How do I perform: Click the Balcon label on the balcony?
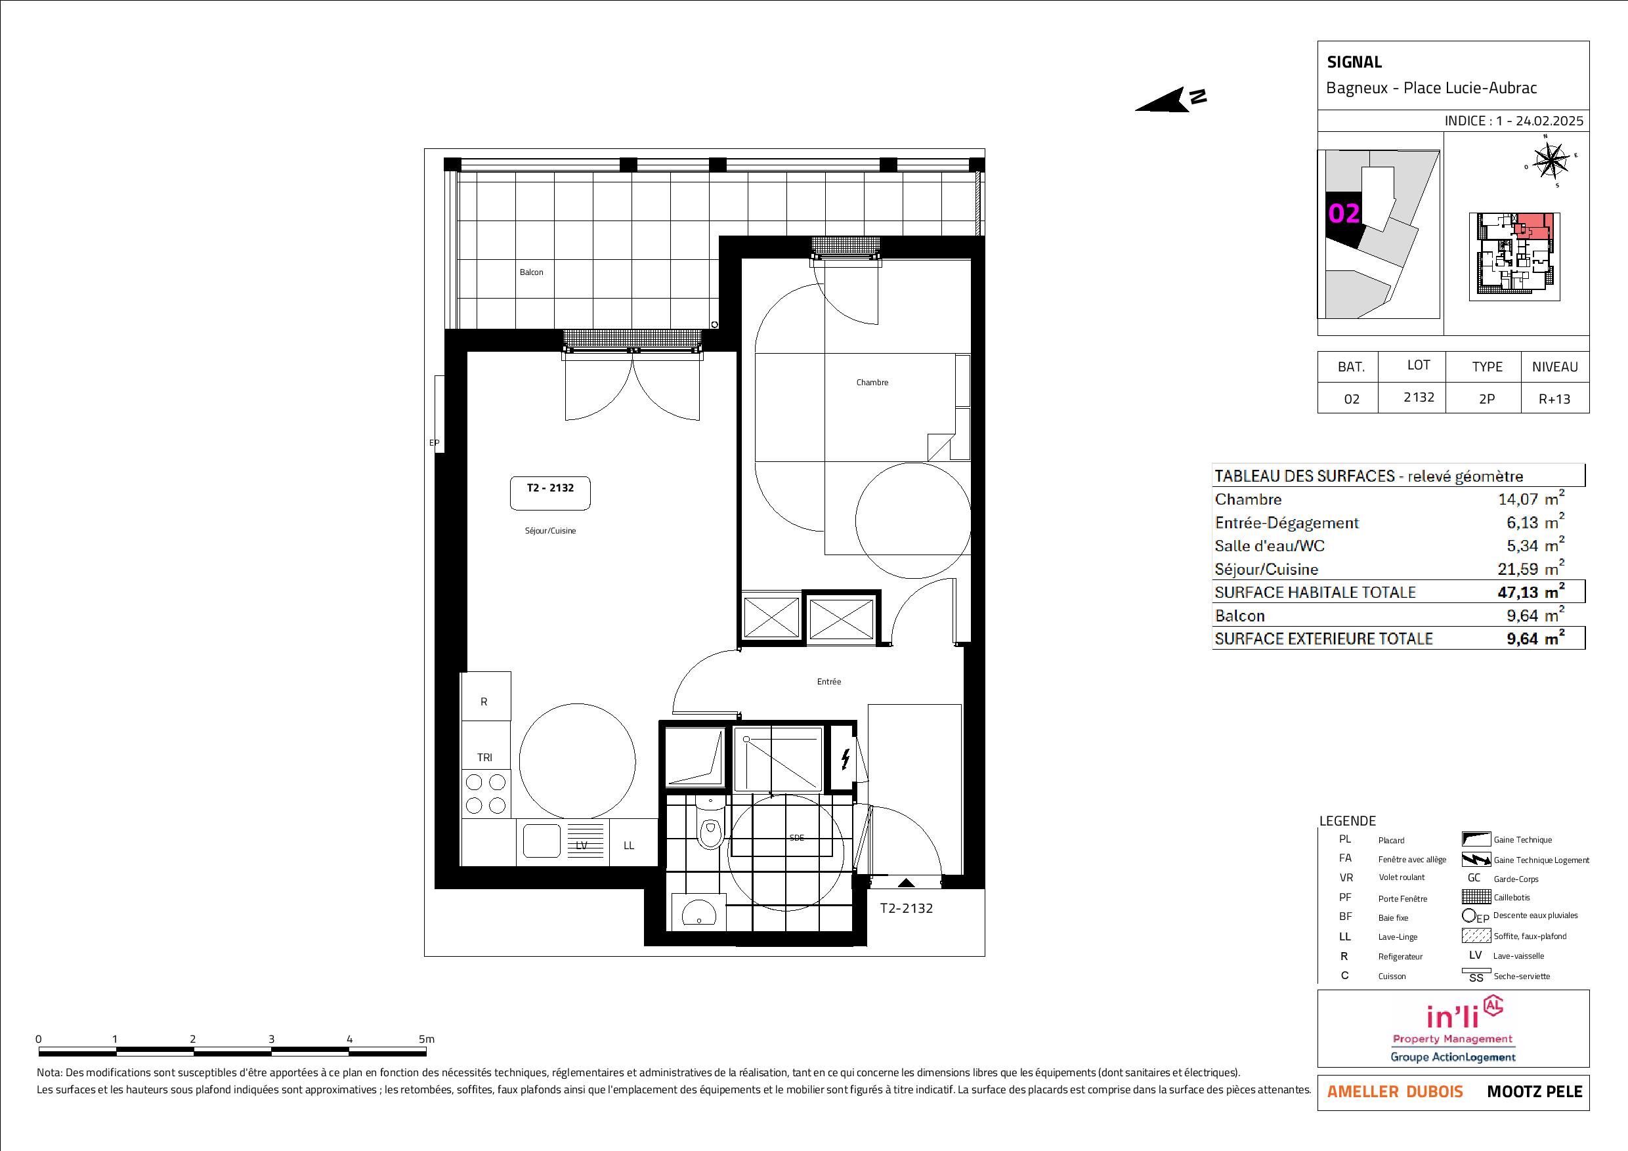pos(531,272)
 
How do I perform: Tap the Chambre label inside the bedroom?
pos(872,382)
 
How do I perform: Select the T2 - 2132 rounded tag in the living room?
pos(550,493)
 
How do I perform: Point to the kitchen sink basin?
pos(542,842)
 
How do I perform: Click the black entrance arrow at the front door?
pos(905,883)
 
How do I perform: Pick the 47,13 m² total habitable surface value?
pos(1530,592)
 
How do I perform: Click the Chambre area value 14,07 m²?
pos(1531,498)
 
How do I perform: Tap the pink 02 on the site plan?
pos(1344,213)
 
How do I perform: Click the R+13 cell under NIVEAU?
pos(1554,399)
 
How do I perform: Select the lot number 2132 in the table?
pos(1419,398)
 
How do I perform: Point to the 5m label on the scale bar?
pos(426,1039)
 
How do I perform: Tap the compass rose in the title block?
pos(1551,160)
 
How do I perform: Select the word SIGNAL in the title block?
pos(1354,62)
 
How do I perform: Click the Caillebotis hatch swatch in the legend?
pos(1476,897)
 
